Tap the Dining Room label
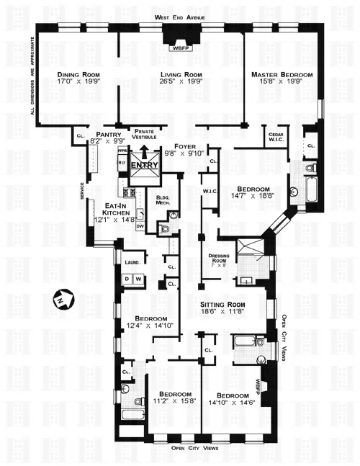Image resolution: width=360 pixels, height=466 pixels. click(80, 74)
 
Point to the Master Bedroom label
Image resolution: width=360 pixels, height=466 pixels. click(282, 75)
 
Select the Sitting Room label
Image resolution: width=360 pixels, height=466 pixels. click(225, 305)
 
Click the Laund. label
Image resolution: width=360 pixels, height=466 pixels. click(131, 263)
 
